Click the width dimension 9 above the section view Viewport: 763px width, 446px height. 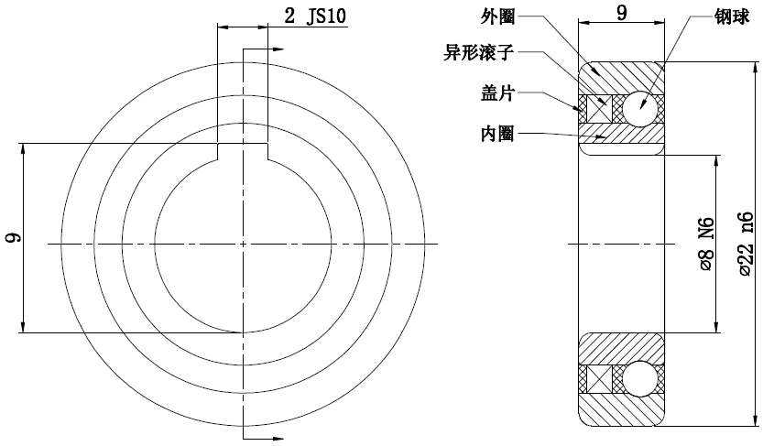point(622,13)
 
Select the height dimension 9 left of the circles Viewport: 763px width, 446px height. point(13,238)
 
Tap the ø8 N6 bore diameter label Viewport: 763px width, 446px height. point(706,245)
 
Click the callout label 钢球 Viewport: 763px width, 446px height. point(733,16)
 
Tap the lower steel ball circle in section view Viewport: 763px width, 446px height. point(638,378)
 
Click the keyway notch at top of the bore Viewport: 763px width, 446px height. point(243,151)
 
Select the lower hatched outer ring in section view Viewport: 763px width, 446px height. point(622,410)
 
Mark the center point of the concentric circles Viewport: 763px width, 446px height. point(243,245)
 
